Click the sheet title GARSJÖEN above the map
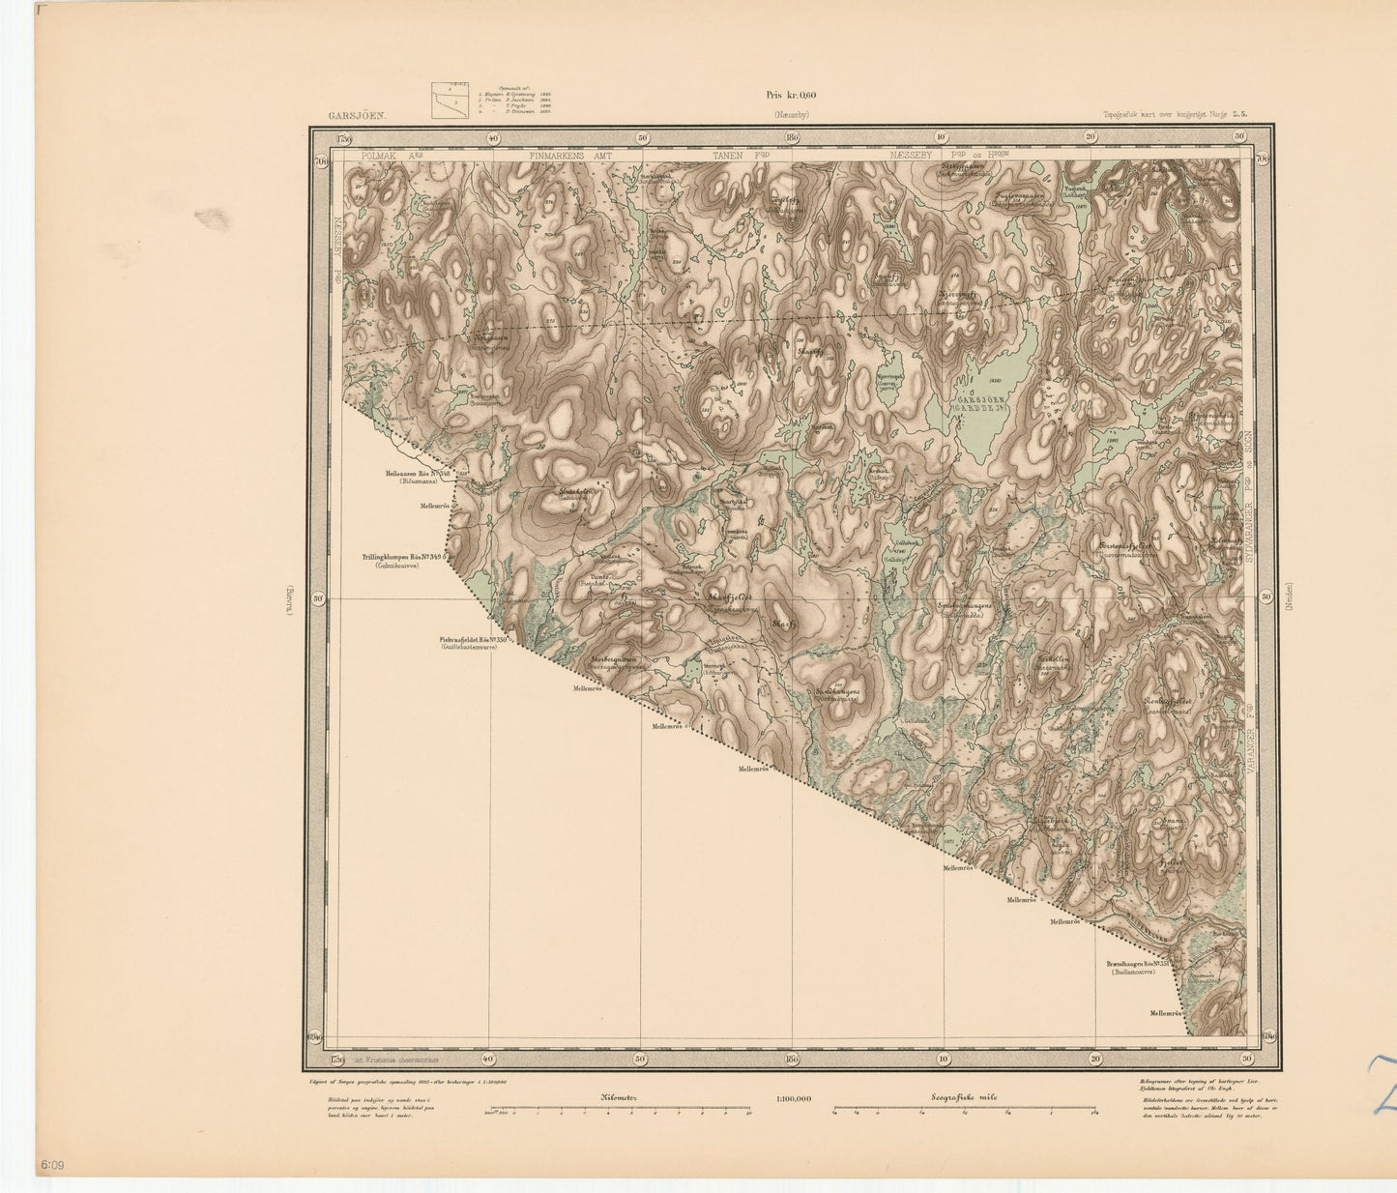coord(357,115)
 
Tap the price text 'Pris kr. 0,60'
coord(790,95)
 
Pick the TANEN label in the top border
coord(732,155)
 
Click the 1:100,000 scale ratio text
coord(793,1099)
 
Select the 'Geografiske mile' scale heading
coord(969,1099)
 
